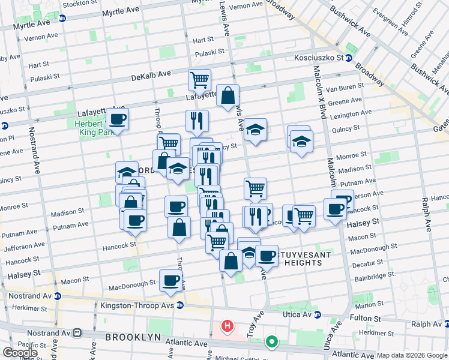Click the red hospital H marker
click(227, 326)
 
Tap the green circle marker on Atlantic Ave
click(272, 343)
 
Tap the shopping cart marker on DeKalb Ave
click(199, 79)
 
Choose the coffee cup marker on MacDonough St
click(170, 280)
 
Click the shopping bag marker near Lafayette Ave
click(228, 95)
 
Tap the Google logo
click(20, 353)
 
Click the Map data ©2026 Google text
click(412, 355)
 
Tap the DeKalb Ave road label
click(151, 75)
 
